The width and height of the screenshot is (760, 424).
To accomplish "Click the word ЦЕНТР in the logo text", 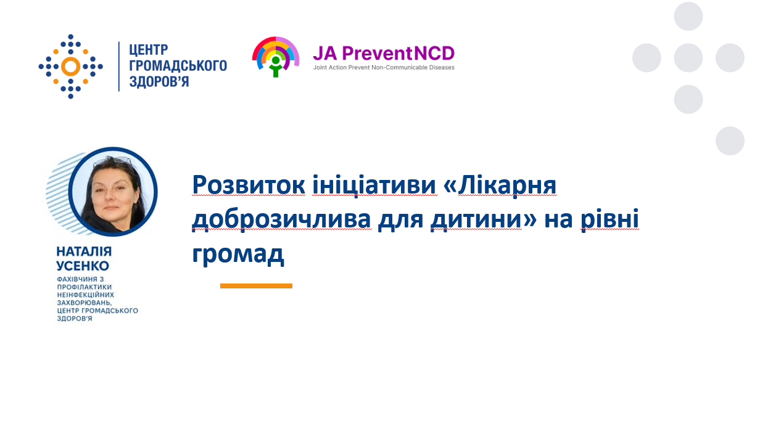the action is pyautogui.click(x=148, y=50).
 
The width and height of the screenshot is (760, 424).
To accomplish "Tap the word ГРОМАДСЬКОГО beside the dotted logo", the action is pyautogui.click(x=178, y=66).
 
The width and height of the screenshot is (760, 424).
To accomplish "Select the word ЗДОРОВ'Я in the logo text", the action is pyautogui.click(x=159, y=82).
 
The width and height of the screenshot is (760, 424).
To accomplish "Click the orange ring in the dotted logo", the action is pyautogui.click(x=70, y=67).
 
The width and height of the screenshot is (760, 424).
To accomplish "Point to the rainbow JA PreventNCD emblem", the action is pyautogui.click(x=276, y=57).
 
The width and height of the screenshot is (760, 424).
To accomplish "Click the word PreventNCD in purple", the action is pyautogui.click(x=399, y=54).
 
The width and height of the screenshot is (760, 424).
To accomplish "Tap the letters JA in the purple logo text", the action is pyautogui.click(x=324, y=54).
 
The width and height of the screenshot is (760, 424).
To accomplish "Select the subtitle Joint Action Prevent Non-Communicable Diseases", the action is pyautogui.click(x=384, y=67).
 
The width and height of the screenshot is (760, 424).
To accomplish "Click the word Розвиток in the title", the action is pyautogui.click(x=249, y=185).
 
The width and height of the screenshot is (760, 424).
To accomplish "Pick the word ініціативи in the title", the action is pyautogui.click(x=374, y=185).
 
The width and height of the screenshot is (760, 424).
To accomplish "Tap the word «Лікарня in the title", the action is pyautogui.click(x=500, y=185).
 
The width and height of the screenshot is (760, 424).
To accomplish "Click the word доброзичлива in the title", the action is pyautogui.click(x=281, y=219).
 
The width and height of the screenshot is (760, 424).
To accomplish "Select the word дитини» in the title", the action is pyautogui.click(x=484, y=219).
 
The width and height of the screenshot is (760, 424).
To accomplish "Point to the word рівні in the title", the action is pyautogui.click(x=609, y=219).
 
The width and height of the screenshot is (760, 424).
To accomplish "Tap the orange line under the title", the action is pyautogui.click(x=256, y=286).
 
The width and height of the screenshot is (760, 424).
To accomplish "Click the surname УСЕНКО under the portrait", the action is pyautogui.click(x=83, y=266).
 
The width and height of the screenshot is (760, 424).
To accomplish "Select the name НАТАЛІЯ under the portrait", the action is pyautogui.click(x=84, y=251).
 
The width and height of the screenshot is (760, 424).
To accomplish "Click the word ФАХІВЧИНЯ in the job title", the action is pyautogui.click(x=77, y=279).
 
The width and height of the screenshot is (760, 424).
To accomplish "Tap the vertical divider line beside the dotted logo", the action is pyautogui.click(x=118, y=67).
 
